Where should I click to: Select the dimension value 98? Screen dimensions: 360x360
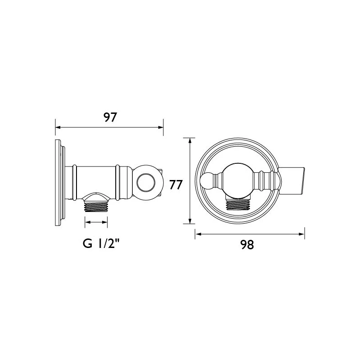tap(247, 244)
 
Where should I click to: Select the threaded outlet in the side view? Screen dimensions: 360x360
tap(96, 206)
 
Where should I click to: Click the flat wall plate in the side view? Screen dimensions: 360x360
tap(59, 182)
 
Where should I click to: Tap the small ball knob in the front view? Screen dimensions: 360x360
tap(207, 181)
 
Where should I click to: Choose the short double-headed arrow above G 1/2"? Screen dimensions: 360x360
tap(96, 222)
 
